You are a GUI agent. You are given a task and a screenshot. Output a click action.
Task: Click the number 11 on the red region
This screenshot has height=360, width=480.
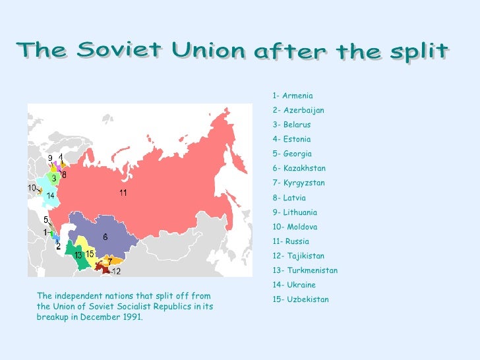tap(123, 193)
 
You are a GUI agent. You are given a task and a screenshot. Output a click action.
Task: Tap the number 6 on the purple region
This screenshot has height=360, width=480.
tap(105, 237)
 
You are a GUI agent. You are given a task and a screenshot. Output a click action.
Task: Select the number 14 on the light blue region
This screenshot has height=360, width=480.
tap(50, 196)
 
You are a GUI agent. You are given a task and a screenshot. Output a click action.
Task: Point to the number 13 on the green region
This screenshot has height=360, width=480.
tap(78, 255)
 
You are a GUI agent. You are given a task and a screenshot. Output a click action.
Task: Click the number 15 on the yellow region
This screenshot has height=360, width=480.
tap(90, 254)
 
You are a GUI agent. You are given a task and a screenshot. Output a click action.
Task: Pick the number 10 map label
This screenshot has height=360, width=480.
tap(32, 188)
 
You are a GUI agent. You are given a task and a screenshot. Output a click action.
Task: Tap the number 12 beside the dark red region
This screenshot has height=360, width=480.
tap(116, 271)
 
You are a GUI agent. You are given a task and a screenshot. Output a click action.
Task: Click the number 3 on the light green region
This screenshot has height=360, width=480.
tap(53, 178)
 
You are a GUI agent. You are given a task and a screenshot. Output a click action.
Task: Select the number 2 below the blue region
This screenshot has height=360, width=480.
tap(58, 247)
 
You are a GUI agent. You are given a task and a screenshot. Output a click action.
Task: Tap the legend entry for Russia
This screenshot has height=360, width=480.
tap(290, 241)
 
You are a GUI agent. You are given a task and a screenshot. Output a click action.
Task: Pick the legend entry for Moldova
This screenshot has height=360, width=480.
tap(294, 227)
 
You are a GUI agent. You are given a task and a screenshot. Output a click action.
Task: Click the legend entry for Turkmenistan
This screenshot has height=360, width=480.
tap(305, 270)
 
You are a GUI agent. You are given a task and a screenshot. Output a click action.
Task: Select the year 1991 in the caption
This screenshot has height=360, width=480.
tap(131, 316)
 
